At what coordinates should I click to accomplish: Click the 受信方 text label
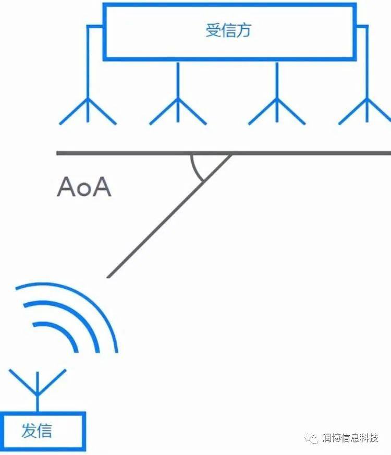(228, 30)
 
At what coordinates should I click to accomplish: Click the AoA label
(83, 187)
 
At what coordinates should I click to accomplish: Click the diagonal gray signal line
(167, 217)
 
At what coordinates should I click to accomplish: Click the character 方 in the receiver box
(243, 30)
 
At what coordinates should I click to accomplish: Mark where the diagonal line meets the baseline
(231, 153)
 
